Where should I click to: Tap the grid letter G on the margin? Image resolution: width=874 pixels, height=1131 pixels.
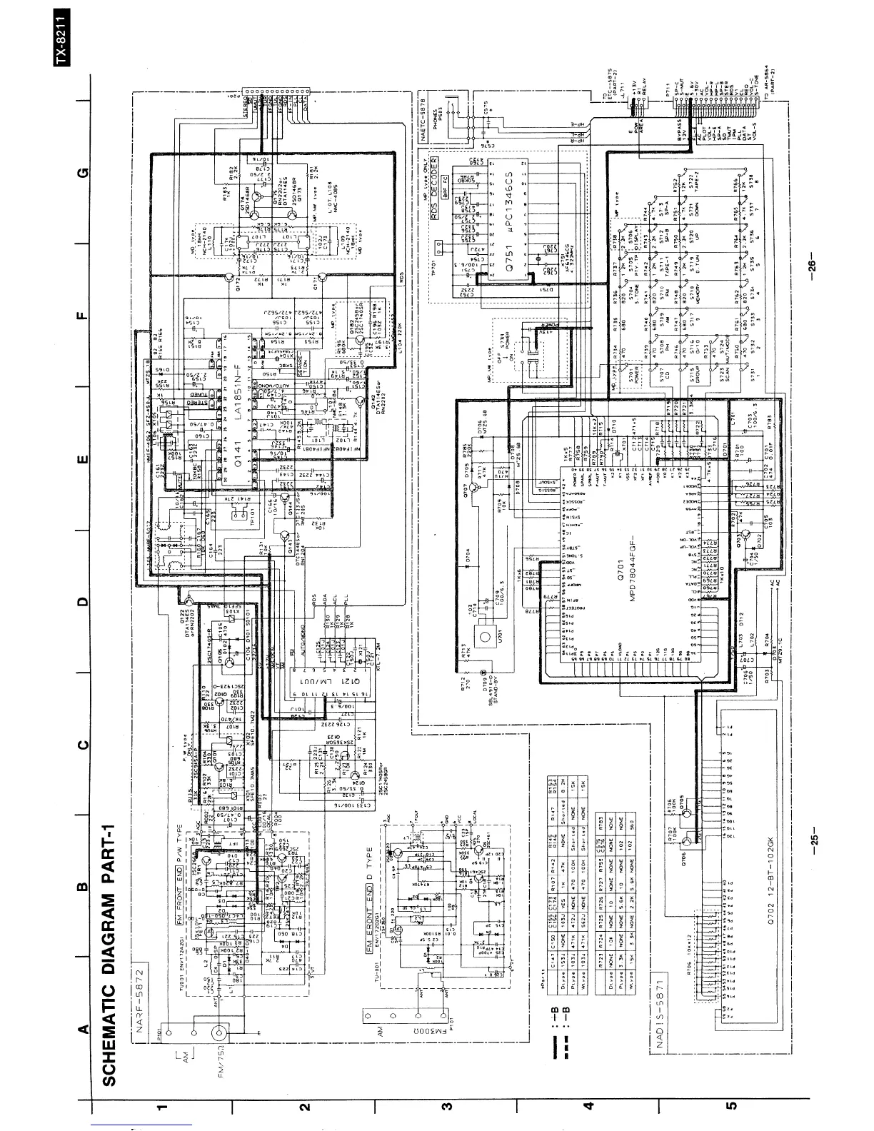click(x=84, y=172)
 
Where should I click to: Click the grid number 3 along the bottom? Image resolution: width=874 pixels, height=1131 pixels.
click(x=447, y=1107)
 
